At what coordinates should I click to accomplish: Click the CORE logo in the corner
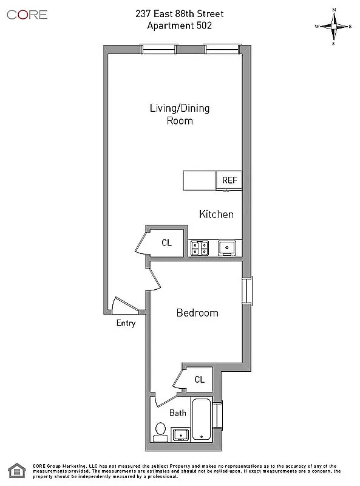27,15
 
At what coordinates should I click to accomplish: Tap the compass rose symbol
333,27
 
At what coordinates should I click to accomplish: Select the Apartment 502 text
180,26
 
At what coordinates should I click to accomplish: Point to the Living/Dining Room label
180,114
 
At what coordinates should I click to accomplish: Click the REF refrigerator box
229,180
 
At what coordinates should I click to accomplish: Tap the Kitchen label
216,214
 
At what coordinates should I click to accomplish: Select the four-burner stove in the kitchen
200,247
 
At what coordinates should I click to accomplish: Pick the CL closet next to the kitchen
166,242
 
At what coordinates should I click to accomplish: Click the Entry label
126,323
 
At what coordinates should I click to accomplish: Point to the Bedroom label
197,313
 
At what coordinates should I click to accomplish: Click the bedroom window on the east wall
246,291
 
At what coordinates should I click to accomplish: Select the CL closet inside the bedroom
199,380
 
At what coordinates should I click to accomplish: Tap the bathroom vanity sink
180,434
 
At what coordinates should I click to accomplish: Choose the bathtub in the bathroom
202,419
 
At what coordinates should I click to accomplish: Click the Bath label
177,413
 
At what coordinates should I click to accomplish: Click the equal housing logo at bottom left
16,470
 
